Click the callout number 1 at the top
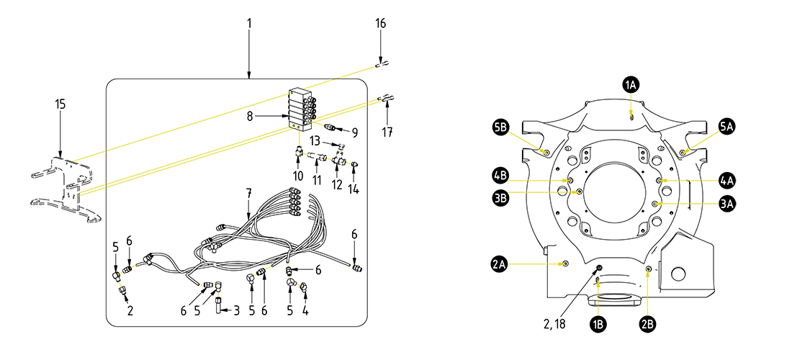click(249, 23)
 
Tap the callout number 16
click(381, 23)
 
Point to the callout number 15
click(60, 104)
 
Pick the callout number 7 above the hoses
click(248, 193)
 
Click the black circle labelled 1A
click(631, 85)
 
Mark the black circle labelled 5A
click(728, 126)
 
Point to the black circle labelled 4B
click(501, 174)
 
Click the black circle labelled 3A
click(728, 204)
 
